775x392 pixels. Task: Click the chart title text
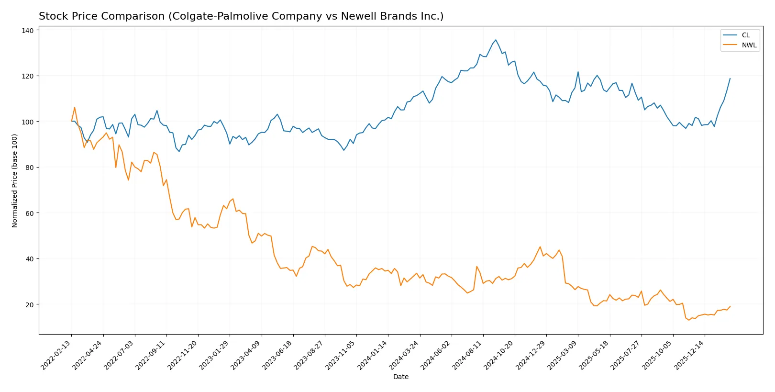pyautogui.click(x=241, y=16)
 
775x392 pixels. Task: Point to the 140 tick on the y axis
pyautogui.click(x=28, y=31)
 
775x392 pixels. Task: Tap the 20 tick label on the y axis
pyautogui.click(x=29, y=304)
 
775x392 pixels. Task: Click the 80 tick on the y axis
pyautogui.click(x=29, y=168)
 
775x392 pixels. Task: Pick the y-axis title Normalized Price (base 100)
pyautogui.click(x=15, y=181)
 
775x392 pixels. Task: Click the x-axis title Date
pyautogui.click(x=400, y=377)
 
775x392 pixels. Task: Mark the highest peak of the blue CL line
pyautogui.click(x=496, y=40)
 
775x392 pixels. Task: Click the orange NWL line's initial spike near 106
pyautogui.click(x=75, y=108)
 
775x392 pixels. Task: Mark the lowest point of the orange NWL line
pyautogui.click(x=689, y=320)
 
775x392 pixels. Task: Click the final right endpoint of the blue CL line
pyautogui.click(x=730, y=78)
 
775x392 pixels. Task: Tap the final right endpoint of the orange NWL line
pyautogui.click(x=730, y=306)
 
